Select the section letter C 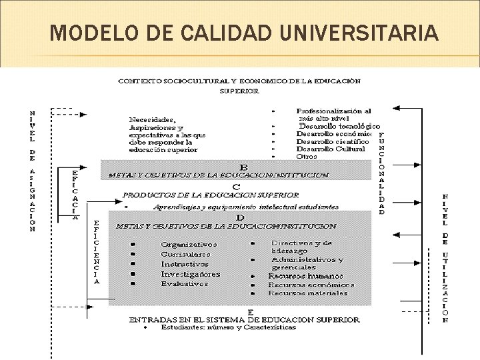tap(236, 186)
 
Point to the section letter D tap(239, 217)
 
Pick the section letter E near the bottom tap(249, 311)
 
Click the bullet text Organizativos tap(189, 245)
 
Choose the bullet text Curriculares tap(185, 255)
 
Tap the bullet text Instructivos tap(185, 264)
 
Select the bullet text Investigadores tap(190, 274)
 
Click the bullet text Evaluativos tap(184, 283)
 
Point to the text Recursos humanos tap(305, 275)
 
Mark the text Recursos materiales tap(307, 293)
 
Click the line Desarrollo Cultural tap(331, 149)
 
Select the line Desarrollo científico tap(332, 141)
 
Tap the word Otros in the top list tap(307, 157)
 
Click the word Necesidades tap(153, 120)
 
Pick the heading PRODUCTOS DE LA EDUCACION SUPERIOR tap(211, 195)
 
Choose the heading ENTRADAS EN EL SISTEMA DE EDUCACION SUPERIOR tap(244, 319)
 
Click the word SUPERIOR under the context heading tap(239, 91)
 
